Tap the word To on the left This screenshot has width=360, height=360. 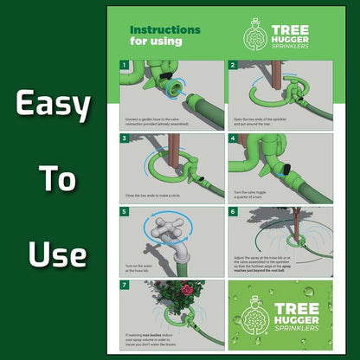click(x=56, y=181)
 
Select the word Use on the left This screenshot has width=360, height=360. click(x=56, y=254)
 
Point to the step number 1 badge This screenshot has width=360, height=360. click(x=125, y=65)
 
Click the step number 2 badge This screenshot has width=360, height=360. click(x=234, y=65)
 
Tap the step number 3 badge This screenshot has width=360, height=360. click(x=125, y=138)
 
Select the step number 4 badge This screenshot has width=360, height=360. click(x=234, y=138)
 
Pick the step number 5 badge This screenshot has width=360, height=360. click(x=125, y=211)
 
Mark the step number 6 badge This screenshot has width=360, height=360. click(x=234, y=211)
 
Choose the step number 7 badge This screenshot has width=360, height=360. click(x=125, y=284)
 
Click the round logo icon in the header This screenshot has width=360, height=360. click(x=253, y=35)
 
